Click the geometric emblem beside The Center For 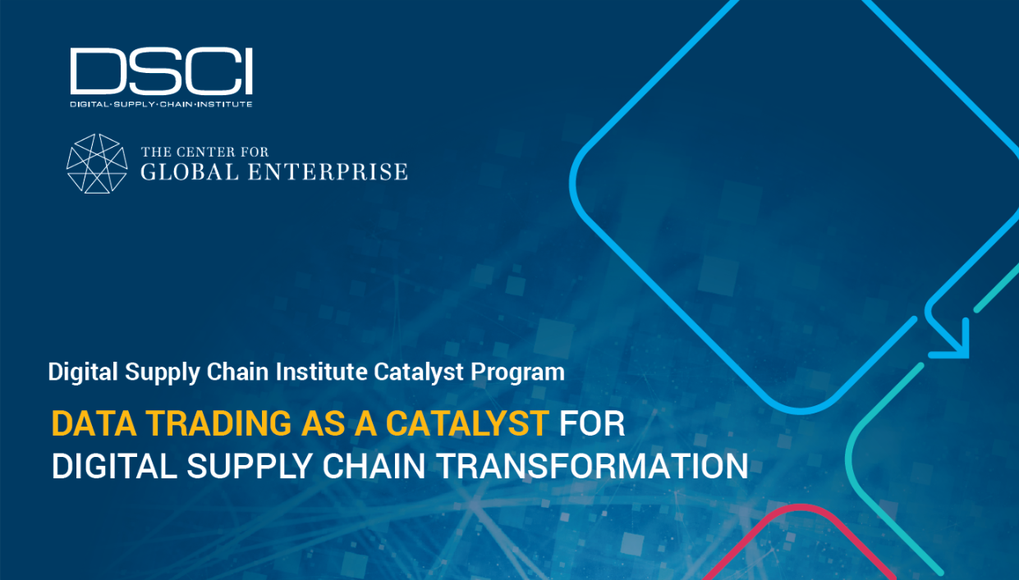click(97, 163)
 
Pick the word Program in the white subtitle click(517, 372)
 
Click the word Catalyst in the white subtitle click(419, 372)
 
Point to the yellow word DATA click(94, 423)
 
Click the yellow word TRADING click(218, 423)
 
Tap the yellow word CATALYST click(468, 423)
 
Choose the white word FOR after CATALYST click(592, 423)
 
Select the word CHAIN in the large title click(374, 465)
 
